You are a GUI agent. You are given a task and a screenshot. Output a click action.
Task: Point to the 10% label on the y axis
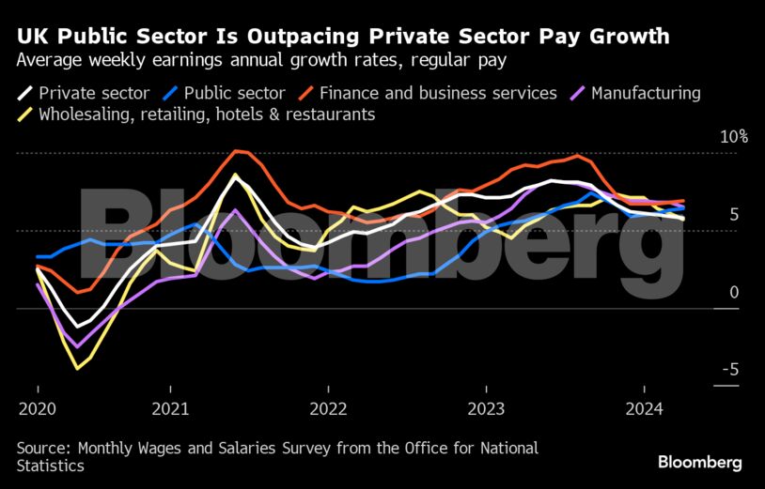click(734, 137)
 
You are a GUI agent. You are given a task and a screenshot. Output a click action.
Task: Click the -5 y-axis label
click(729, 370)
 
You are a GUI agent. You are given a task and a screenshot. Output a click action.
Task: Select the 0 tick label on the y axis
click(734, 292)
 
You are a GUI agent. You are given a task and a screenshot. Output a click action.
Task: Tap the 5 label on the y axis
click(734, 215)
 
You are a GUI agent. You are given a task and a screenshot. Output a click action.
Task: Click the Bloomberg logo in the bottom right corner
click(700, 462)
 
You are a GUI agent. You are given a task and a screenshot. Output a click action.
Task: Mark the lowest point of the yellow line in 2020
click(77, 369)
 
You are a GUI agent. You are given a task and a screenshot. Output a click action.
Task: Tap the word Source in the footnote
click(43, 448)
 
